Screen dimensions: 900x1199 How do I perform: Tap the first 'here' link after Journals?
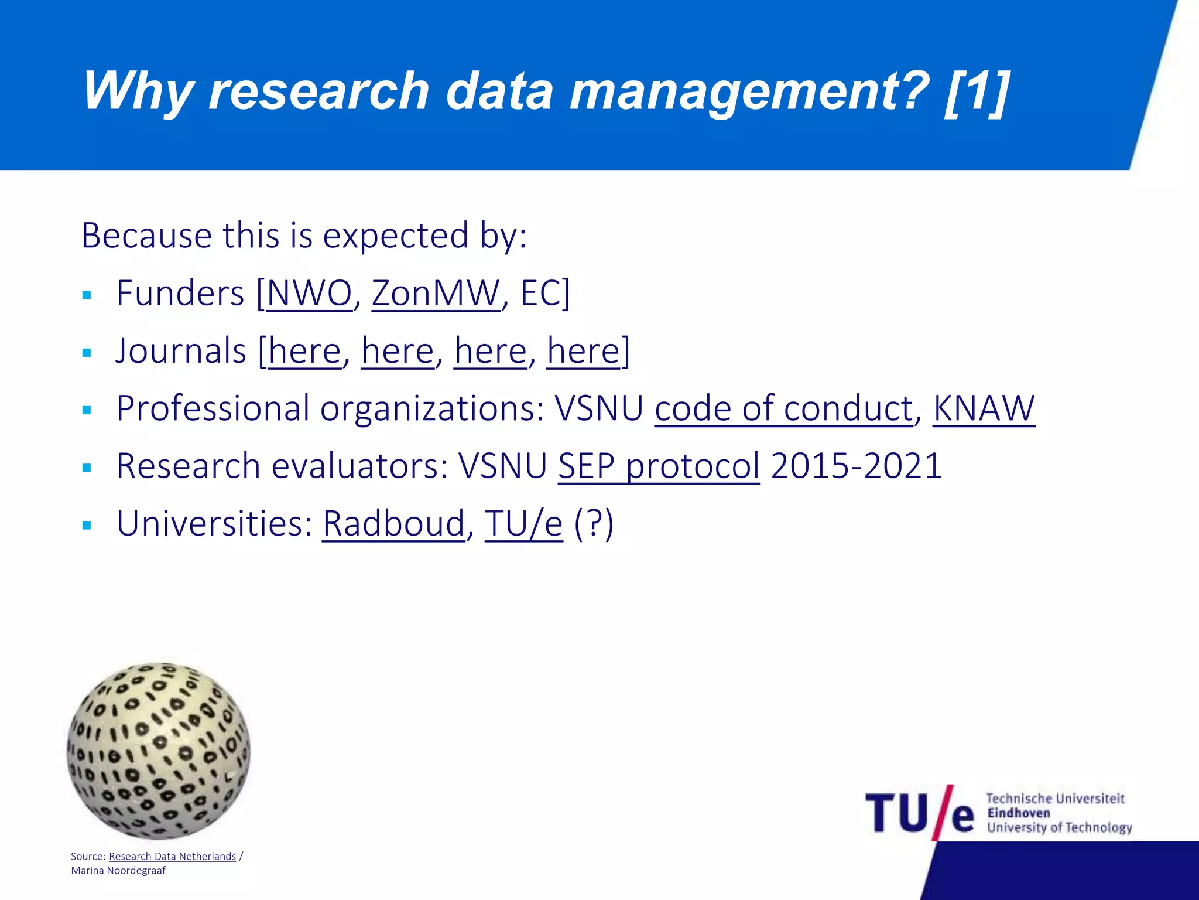(304, 351)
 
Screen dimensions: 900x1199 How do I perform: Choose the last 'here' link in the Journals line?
(583, 351)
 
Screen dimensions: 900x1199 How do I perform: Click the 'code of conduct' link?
(783, 408)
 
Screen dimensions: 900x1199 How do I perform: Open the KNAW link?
(984, 408)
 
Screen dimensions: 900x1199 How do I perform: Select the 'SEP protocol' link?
(659, 466)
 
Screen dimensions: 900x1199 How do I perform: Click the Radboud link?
(393, 523)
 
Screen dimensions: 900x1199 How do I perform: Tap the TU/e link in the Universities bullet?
(523, 523)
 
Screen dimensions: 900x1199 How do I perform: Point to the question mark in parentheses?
(594, 523)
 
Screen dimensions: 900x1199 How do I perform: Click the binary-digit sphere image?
(158, 751)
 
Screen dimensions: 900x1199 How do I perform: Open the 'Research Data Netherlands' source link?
(172, 857)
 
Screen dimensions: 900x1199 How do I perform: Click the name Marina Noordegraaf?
(118, 871)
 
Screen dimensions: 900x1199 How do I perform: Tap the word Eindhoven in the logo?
(1018, 813)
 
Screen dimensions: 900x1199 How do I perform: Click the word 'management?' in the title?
(749, 91)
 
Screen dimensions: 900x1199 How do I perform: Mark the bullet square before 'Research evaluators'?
(87, 468)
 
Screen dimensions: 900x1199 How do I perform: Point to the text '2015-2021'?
(856, 466)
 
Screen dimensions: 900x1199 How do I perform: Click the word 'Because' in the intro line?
(146, 236)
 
